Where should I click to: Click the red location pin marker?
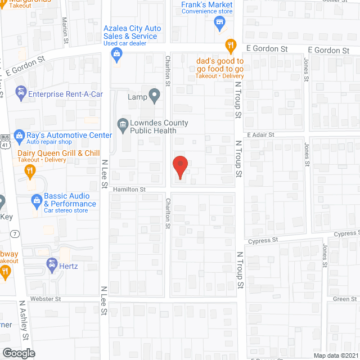click(x=179, y=167)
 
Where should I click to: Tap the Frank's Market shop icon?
click(x=219, y=22)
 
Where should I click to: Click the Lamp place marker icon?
click(x=154, y=96)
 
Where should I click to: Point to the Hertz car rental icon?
click(x=51, y=263)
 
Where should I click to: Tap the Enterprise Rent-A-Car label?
click(x=65, y=94)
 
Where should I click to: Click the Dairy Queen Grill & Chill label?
click(x=58, y=153)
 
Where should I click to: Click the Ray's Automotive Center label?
click(x=65, y=135)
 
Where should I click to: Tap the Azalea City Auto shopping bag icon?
click(x=117, y=54)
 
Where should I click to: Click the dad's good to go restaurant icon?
click(x=229, y=45)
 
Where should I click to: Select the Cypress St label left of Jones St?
click(x=267, y=239)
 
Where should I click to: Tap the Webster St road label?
click(x=46, y=299)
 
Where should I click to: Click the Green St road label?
click(x=341, y=299)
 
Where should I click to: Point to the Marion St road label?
click(x=65, y=31)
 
